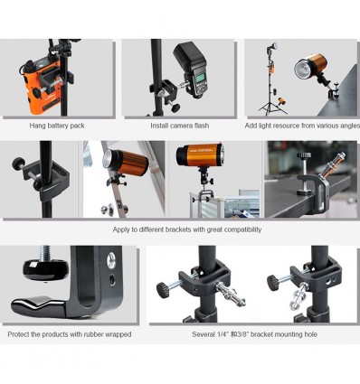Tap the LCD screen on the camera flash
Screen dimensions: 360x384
tap(199, 80)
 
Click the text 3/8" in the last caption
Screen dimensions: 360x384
tap(243, 334)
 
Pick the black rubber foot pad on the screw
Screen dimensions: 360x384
tap(39, 270)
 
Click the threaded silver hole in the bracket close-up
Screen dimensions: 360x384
tap(111, 260)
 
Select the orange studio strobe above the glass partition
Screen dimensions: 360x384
tap(200, 155)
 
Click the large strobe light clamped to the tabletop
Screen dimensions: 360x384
tap(311, 66)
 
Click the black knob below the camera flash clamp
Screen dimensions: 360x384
tap(175, 108)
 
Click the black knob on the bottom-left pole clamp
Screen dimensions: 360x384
tap(164, 290)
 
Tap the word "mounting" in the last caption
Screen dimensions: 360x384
tap(284, 334)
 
